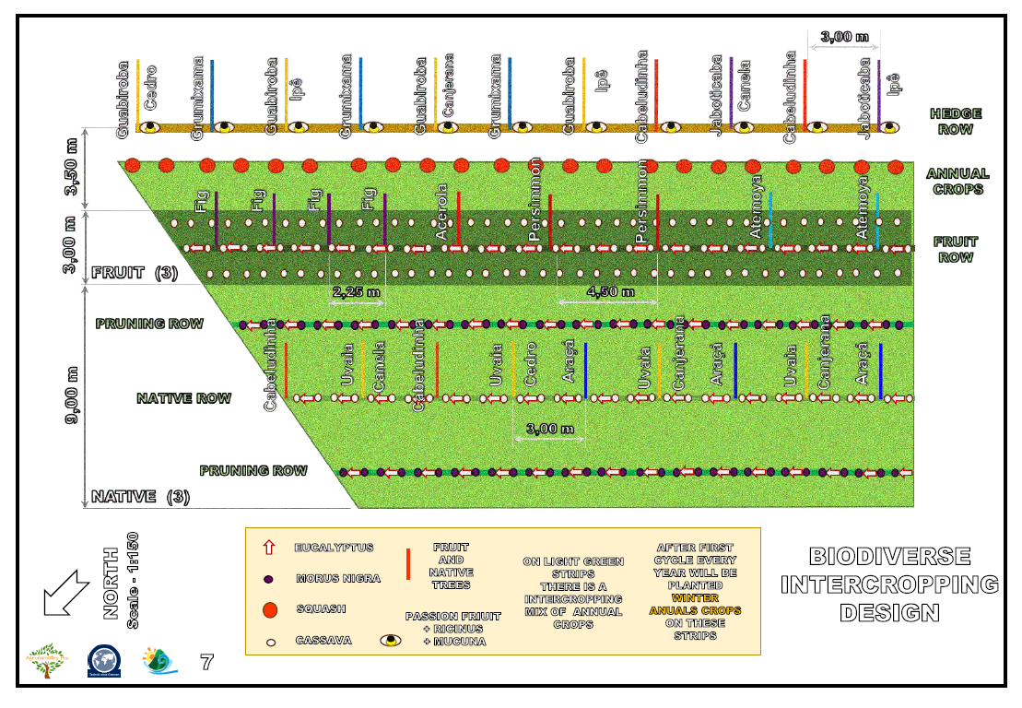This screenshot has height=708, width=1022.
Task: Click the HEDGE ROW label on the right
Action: (955, 122)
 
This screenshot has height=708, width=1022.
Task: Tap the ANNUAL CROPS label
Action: (957, 181)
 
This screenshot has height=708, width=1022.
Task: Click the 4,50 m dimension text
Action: (610, 292)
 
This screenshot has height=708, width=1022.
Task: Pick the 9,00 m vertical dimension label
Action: (73, 396)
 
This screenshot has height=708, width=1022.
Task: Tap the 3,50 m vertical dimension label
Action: (73, 167)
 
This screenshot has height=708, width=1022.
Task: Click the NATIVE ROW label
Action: (183, 398)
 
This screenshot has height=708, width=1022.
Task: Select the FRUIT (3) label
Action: (135, 273)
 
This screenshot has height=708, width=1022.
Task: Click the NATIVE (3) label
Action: (140, 497)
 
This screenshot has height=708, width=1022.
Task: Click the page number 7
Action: (207, 662)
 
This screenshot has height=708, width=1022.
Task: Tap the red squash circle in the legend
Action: (270, 609)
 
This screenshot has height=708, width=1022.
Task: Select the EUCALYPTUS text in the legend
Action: (334, 548)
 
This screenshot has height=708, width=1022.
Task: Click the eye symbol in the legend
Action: (391, 640)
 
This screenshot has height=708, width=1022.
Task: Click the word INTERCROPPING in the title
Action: (889, 584)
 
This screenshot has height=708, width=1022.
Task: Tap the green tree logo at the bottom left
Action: (45, 662)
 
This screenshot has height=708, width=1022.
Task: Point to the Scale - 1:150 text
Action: (133, 581)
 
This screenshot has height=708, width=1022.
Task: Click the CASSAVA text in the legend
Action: (323, 640)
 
